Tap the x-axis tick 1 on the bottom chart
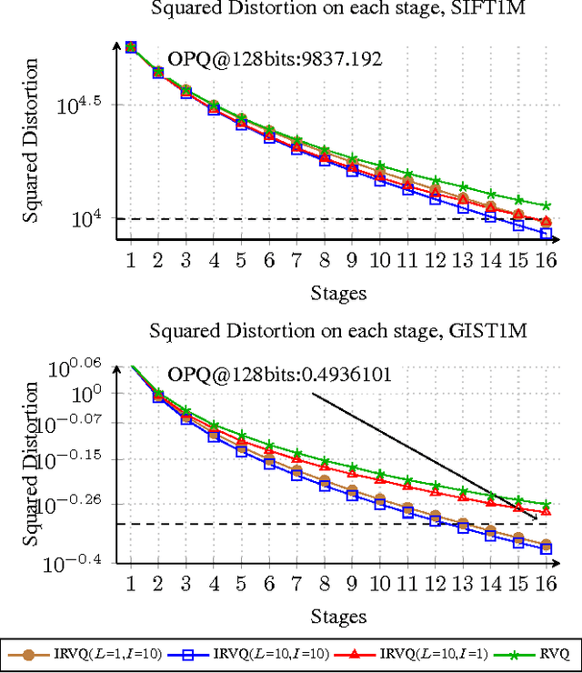tap(130, 583)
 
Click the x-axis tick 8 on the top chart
tap(325, 260)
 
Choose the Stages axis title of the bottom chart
tap(338, 616)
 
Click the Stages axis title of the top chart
tap(338, 292)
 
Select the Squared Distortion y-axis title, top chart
tap(31, 140)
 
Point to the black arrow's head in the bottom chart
tap(536, 517)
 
